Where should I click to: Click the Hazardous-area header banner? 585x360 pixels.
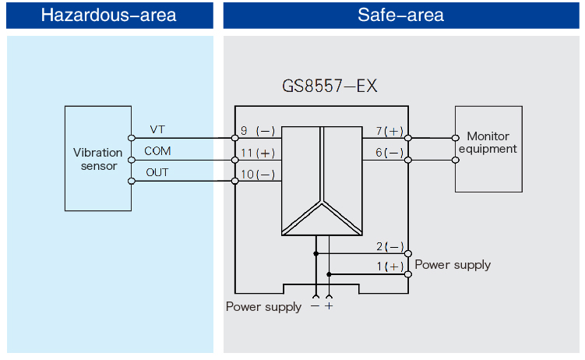(108, 15)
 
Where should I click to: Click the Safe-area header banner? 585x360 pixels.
(400, 15)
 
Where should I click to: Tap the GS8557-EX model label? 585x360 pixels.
(330, 86)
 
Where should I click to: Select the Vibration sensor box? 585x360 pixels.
(97, 159)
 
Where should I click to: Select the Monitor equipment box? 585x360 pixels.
(488, 148)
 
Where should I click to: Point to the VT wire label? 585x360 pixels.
(157, 129)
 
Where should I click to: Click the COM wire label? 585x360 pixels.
(157, 150)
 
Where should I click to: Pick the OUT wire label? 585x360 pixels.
(157, 171)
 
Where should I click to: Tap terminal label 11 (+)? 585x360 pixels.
(258, 153)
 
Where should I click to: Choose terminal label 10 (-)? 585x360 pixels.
(258, 175)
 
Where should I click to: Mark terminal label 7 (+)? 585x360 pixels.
(389, 131)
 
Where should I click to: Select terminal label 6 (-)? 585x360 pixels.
(389, 153)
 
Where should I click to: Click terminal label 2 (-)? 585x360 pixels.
(389, 247)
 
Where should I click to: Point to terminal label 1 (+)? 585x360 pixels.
(389, 267)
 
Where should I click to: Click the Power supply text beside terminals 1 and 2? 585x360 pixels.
(453, 264)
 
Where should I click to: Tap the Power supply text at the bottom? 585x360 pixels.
(263, 306)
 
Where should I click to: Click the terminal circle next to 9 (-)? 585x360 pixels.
(234, 138)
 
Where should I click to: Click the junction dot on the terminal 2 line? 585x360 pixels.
(315, 253)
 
